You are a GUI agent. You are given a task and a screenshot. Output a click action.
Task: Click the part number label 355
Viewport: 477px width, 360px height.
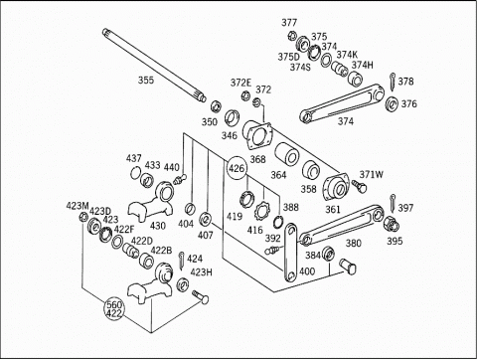tap(146, 81)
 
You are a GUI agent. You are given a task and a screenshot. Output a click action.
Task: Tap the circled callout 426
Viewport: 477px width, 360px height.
tap(237, 168)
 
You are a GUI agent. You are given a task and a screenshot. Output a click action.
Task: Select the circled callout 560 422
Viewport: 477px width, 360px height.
tap(114, 309)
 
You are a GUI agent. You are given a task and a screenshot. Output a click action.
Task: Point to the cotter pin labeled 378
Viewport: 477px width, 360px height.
tap(393, 82)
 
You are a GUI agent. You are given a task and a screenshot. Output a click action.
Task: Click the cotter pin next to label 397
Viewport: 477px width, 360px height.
tap(393, 203)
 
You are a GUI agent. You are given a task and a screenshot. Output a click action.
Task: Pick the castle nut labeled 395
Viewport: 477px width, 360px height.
tap(391, 224)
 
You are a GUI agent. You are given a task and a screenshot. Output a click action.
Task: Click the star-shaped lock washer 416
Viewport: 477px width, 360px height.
tap(261, 210)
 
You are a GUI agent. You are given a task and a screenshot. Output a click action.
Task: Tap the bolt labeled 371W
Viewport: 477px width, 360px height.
tap(359, 186)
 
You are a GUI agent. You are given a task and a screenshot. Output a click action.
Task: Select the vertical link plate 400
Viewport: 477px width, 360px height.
tap(291, 253)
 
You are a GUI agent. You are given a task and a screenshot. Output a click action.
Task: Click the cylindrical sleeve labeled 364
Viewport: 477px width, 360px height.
tap(287, 154)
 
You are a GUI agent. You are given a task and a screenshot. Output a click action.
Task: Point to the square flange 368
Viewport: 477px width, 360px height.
tap(257, 136)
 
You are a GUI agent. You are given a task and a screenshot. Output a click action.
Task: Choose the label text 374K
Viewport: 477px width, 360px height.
tap(347, 55)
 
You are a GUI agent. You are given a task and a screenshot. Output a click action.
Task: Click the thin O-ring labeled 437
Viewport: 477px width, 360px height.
tap(135, 173)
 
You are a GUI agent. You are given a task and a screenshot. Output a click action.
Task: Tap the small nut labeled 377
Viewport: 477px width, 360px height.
tap(292, 35)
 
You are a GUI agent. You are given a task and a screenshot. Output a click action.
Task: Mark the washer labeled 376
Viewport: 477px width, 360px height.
tap(392, 104)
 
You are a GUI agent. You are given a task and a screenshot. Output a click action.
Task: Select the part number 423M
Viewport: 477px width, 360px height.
tap(78, 206)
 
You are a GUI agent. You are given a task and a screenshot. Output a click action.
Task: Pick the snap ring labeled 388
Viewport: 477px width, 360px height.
tap(278, 222)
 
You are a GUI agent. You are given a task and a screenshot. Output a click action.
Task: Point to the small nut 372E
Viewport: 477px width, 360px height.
tap(245, 95)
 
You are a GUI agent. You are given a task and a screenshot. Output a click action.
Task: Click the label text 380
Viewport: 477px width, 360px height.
tap(353, 244)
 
